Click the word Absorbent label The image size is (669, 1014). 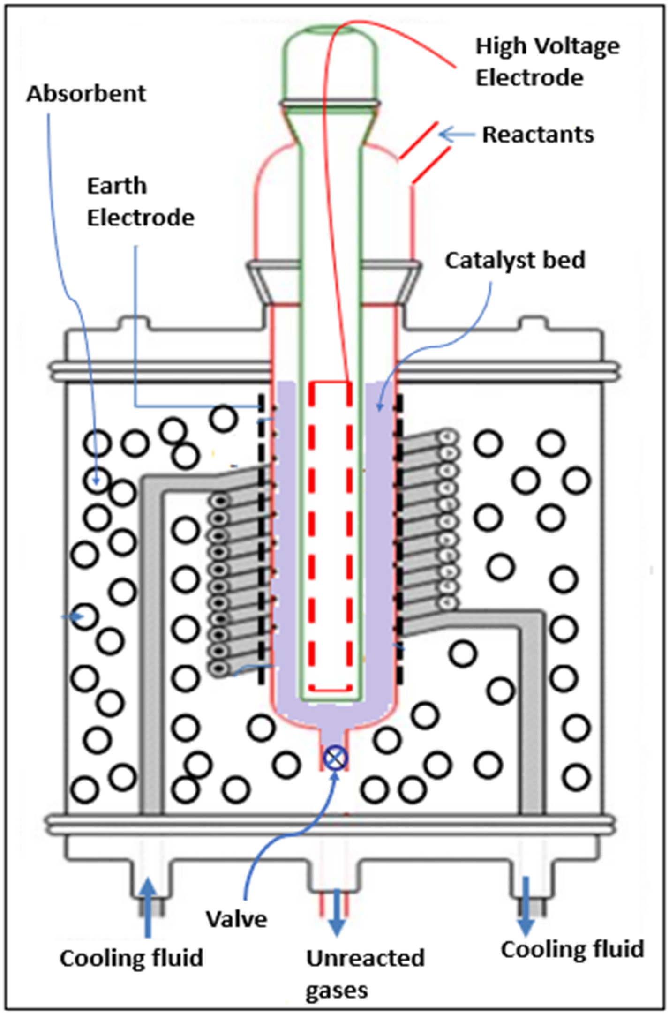pos(86,94)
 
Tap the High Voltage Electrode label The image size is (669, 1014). pos(547,62)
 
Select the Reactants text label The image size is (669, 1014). pos(538,135)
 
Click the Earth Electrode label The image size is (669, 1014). pos(140,202)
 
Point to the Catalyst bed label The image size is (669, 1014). pos(515,260)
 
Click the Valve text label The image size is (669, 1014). pos(237,919)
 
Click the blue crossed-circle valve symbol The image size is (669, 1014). pos(336,758)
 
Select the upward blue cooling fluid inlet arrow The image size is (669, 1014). pos(149,907)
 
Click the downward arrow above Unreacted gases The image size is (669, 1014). pos(337,912)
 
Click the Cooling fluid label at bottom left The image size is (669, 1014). pos(131,958)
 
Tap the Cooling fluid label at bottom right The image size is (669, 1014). pos(572,949)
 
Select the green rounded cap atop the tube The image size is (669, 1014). pos(331,61)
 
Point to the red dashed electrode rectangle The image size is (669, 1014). pos(331,534)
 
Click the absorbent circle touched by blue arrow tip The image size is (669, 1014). pos(98,481)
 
